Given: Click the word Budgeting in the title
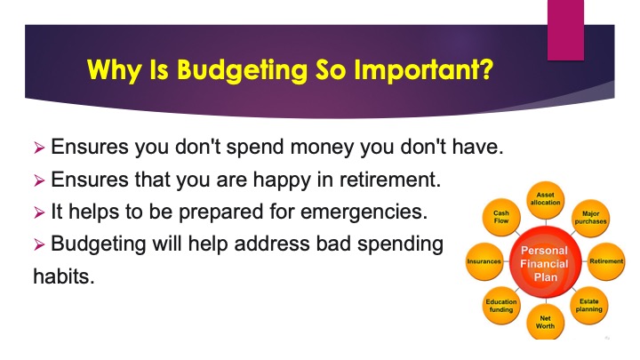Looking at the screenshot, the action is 242,70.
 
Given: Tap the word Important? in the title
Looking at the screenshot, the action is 424,70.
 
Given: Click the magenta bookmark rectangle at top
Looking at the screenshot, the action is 565,30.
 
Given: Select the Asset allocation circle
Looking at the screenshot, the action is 545,200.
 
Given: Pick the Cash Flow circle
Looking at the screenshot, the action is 501,217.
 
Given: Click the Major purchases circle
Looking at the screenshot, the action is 590,218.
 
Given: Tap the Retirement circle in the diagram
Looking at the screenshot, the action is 606,261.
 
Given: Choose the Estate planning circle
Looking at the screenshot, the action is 589,305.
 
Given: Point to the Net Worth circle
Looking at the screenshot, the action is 545,322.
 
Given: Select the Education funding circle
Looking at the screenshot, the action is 501,306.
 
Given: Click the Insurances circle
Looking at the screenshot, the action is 484,261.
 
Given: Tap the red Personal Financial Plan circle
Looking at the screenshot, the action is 545,262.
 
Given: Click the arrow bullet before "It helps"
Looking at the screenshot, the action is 39,212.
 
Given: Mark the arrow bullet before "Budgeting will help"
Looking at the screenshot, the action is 39,244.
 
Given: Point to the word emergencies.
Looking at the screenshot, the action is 364,212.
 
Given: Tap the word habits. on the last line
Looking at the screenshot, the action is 64,276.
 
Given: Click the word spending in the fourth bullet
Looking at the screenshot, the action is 400,244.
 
